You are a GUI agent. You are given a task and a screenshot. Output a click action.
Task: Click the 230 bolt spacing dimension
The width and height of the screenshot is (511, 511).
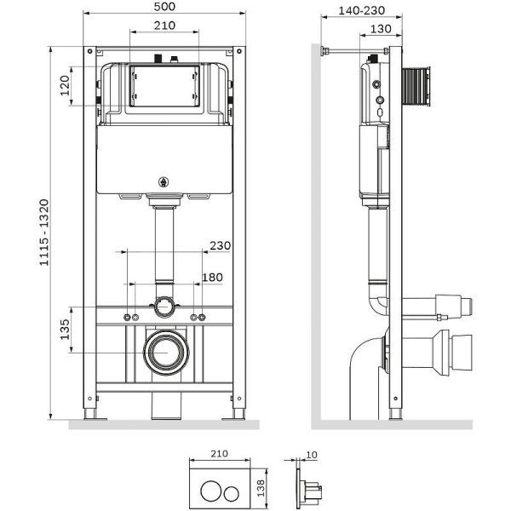(220, 245)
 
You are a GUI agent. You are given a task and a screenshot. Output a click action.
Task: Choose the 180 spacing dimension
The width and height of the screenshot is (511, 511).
(212, 277)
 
